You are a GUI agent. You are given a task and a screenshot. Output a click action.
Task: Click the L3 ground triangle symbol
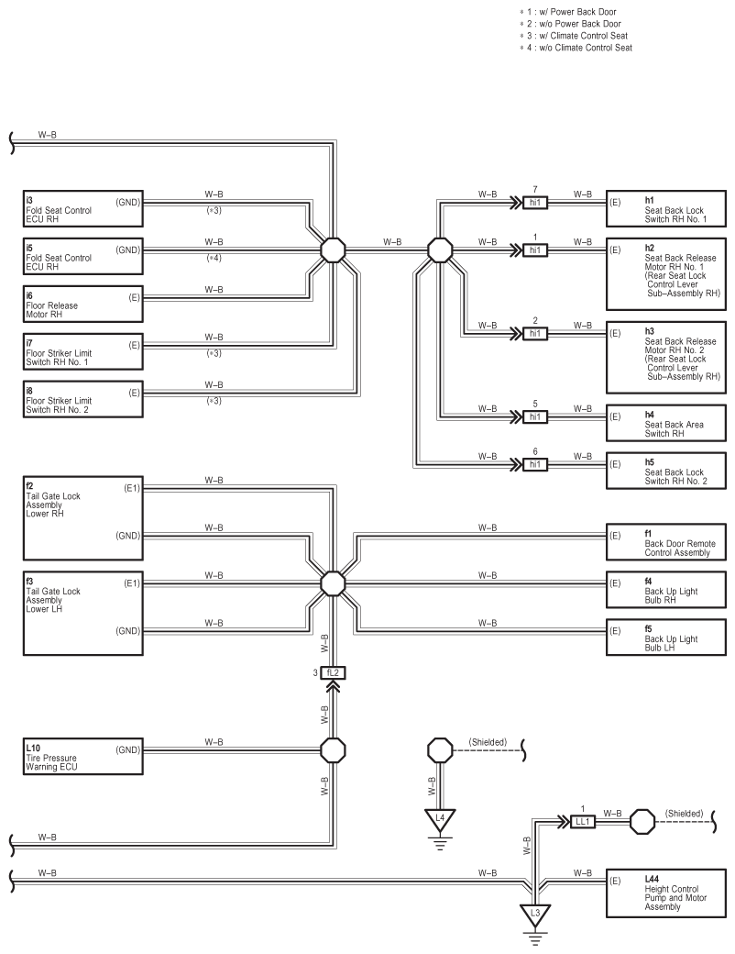(535, 914)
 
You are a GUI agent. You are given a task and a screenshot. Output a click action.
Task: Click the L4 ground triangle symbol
(440, 819)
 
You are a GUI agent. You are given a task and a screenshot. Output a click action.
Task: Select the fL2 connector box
(334, 673)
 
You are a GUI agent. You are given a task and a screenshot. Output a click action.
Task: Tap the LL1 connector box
(582, 822)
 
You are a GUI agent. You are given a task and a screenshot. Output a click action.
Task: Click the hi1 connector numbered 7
(535, 202)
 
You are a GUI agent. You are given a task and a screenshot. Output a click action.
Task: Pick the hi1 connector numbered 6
(535, 464)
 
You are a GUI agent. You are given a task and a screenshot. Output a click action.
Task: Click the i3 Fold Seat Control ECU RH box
(83, 209)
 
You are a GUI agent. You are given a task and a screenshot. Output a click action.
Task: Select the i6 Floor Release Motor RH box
(83, 305)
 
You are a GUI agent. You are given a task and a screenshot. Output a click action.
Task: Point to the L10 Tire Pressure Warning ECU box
(83, 756)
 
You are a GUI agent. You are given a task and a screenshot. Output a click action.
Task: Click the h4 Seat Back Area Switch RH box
(666, 423)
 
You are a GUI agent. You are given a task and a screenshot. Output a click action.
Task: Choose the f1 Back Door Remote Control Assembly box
(666, 542)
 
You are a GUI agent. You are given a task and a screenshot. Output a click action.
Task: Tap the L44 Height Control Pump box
(666, 893)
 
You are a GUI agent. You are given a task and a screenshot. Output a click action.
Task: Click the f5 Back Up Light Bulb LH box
(666, 637)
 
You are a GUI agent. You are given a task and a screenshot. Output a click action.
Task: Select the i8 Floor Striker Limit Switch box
(83, 399)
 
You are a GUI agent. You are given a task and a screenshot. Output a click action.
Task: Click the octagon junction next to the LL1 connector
(642, 822)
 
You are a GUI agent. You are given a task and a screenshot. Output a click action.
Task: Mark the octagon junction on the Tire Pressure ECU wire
(334, 750)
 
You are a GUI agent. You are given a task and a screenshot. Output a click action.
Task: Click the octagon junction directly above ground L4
(440, 750)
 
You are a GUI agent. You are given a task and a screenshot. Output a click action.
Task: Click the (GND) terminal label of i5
(127, 250)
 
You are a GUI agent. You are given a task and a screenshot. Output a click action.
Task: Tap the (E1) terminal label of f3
(132, 582)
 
